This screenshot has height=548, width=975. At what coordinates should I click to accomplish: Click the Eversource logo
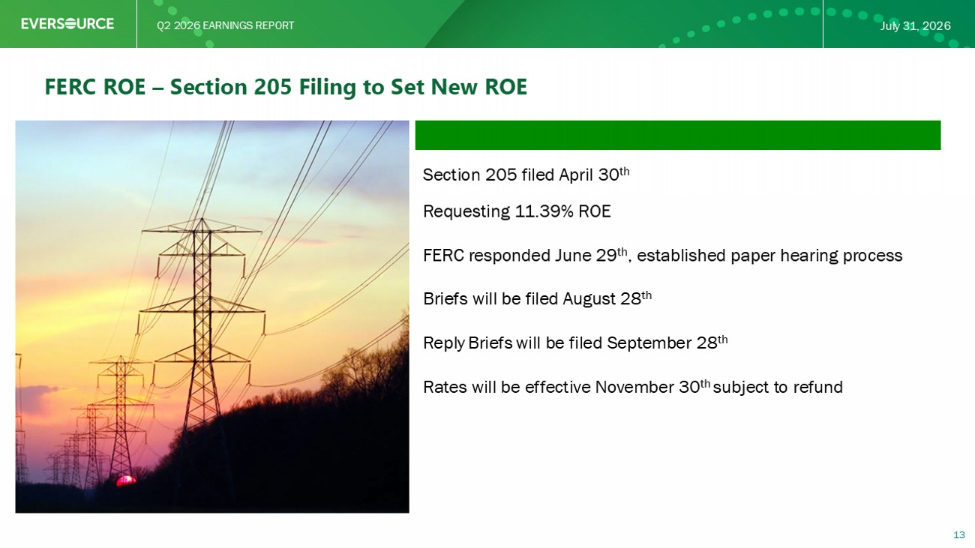coord(67,24)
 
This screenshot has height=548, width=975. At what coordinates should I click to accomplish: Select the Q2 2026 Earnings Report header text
coord(226,25)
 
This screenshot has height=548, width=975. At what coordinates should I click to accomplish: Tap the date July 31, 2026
coord(915,26)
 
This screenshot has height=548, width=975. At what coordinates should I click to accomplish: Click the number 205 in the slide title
coord(272,86)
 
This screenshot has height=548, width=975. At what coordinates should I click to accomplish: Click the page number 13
coord(959,535)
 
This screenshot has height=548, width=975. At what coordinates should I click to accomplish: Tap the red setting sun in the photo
coord(126,481)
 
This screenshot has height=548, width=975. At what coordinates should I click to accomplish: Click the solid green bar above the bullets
coord(678,135)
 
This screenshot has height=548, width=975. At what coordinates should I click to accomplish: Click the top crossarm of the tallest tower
coord(202,230)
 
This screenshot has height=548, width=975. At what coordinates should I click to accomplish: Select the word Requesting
coord(466,212)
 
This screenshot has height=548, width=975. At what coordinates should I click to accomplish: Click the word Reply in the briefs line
coord(444,343)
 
